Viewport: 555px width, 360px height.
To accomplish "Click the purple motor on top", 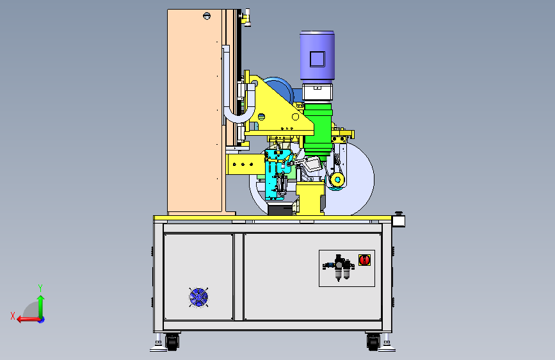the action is [317, 56].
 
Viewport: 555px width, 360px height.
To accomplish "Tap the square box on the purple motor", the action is [317, 59].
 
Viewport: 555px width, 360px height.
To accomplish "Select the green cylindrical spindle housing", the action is [318, 129].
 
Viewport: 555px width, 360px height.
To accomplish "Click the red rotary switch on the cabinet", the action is [364, 259].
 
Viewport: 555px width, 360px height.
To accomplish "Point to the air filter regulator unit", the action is [339, 267].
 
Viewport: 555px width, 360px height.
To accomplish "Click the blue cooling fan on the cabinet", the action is [198, 297].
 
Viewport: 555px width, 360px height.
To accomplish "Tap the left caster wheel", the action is [172, 342].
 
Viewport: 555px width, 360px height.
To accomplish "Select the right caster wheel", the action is [373, 342].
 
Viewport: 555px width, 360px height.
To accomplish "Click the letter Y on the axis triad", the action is [40, 288].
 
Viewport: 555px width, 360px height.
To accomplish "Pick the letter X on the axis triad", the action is [13, 316].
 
